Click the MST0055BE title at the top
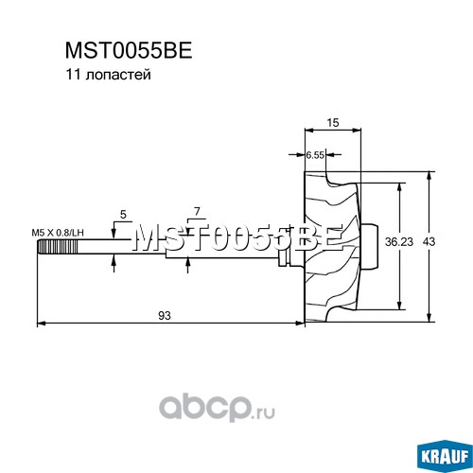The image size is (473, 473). pos(129,50)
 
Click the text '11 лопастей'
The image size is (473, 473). pos(108,75)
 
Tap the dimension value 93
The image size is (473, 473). pos(165,315)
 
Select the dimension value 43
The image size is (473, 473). pos(429,242)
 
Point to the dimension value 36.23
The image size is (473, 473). pos(399,242)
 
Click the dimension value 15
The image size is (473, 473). pos(333,122)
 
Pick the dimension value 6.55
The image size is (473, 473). pos(315,155)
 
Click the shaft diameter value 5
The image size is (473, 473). pos(123,215)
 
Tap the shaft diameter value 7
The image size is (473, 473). pos(197,212)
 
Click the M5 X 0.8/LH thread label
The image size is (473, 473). pos(58,233)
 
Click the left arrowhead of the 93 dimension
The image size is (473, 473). pos(42,324)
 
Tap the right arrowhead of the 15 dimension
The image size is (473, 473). pos(357,130)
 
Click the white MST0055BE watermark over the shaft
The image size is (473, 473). pos(238,238)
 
